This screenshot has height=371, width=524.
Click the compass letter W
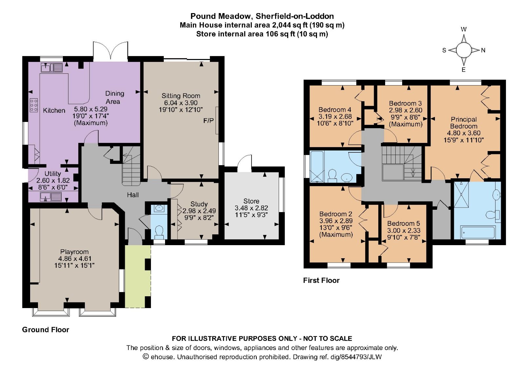pyautogui.click(x=463, y=29)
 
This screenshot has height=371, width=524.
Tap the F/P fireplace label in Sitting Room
pyautogui.click(x=208, y=121)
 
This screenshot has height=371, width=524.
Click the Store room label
pyautogui.click(x=251, y=201)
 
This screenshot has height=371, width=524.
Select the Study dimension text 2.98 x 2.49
pyautogui.click(x=199, y=211)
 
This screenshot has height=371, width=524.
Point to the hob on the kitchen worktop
pyautogui.click(x=34, y=105)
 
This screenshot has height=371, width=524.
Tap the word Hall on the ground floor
pyautogui.click(x=133, y=195)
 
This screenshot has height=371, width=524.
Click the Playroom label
pyautogui.click(x=74, y=252)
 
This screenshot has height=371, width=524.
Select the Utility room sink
pyautogui.click(x=46, y=197)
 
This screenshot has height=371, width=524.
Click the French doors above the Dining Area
pyautogui.click(x=110, y=51)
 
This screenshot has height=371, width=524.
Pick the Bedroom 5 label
pyautogui.click(x=403, y=223)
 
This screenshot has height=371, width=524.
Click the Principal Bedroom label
pyautogui.click(x=463, y=123)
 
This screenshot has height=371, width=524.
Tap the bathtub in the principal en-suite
pyautogui.click(x=477, y=232)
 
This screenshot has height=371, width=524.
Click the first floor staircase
pyautogui.click(x=402, y=163)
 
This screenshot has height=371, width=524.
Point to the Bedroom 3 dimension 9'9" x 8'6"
pyautogui.click(x=405, y=117)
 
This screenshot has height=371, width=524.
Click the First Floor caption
pyautogui.click(x=321, y=280)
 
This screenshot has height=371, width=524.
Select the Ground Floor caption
pyautogui.click(x=46, y=330)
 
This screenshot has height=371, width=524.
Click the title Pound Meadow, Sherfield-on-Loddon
pyautogui.click(x=262, y=16)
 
